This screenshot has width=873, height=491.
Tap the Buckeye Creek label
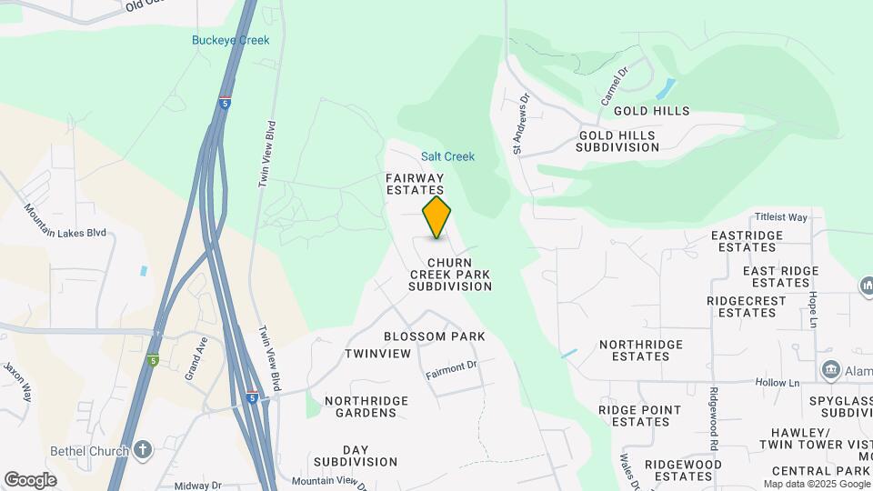pyautogui.click(x=231, y=40)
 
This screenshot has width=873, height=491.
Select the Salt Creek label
pyautogui.click(x=447, y=156)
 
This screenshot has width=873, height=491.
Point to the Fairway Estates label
pyautogui.click(x=415, y=184)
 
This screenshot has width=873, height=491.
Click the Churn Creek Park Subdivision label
pyautogui.click(x=449, y=274)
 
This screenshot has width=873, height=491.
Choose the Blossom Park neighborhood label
pyautogui.click(x=434, y=336)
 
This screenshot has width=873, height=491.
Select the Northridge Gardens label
pyautogui.click(x=361, y=406)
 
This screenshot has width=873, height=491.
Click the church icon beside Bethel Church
pyautogui.click(x=143, y=449)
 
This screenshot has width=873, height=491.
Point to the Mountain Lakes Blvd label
pyautogui.click(x=65, y=222)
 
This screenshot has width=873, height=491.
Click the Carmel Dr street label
pyautogui.click(x=615, y=85)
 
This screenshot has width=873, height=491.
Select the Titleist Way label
pyautogui.click(x=781, y=217)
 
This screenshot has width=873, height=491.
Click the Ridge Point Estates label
pyautogui.click(x=639, y=416)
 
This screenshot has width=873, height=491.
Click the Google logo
pyautogui.click(x=30, y=479)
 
